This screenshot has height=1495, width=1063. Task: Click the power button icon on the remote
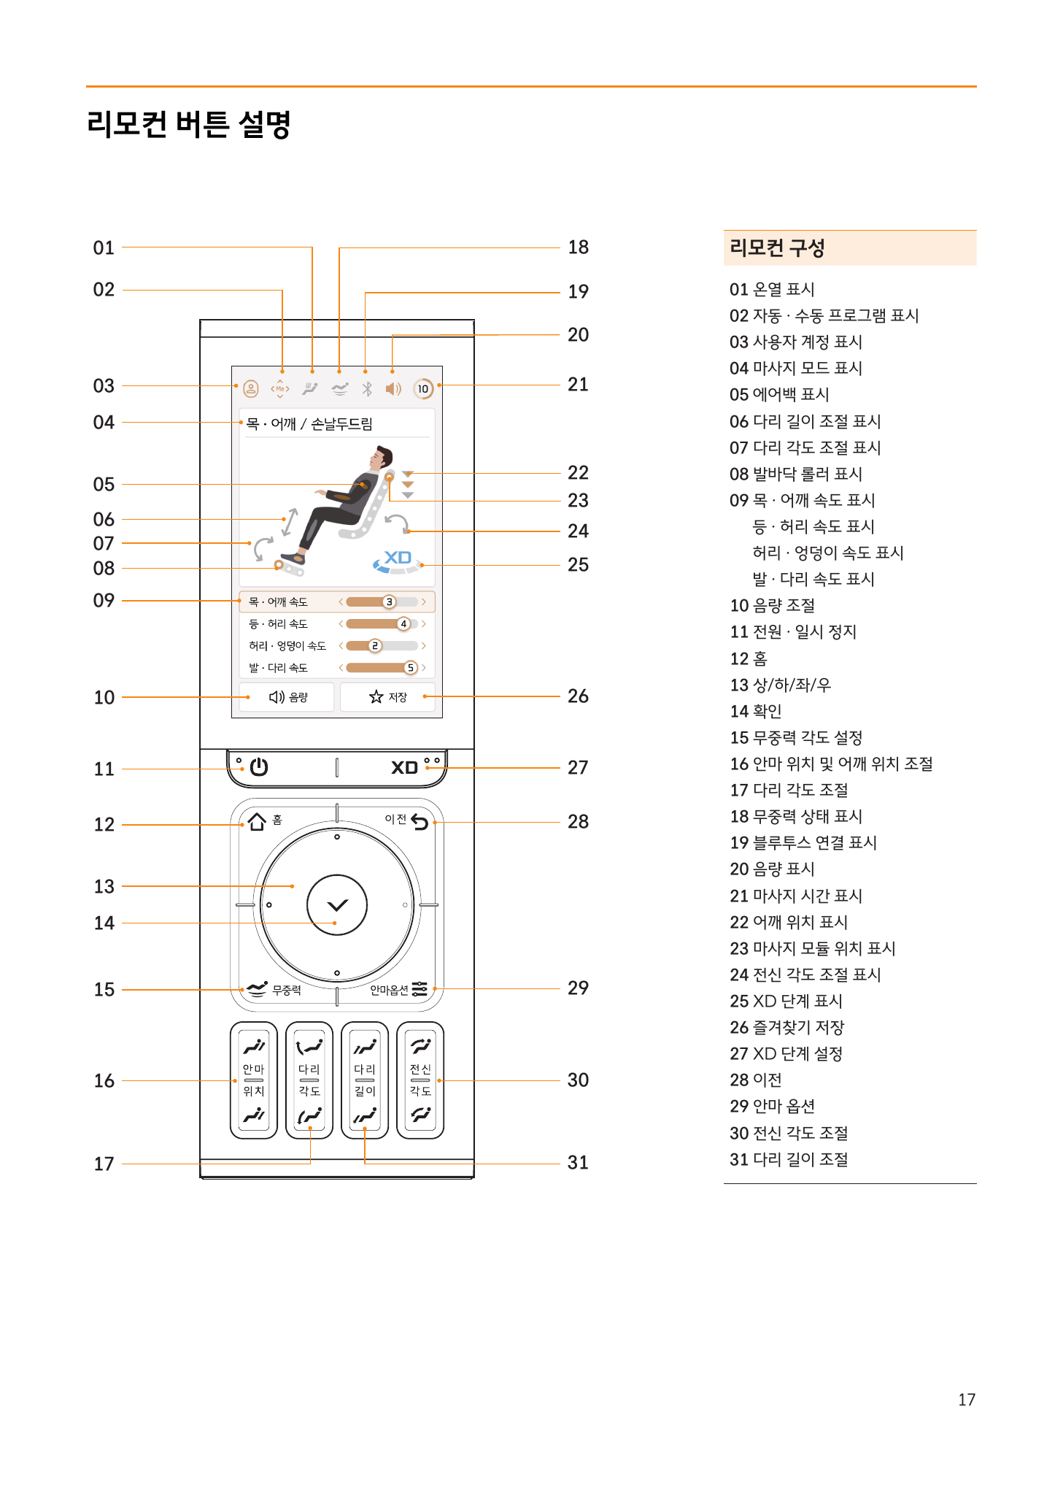[259, 767]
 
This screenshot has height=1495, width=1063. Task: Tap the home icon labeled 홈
[257, 822]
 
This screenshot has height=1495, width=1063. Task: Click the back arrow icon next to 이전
[420, 822]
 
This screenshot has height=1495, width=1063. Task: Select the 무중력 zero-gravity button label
[286, 990]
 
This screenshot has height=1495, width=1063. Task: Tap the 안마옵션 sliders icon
[420, 989]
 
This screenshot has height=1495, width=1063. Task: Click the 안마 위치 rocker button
[254, 1080]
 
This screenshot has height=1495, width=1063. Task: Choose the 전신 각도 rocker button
[420, 1080]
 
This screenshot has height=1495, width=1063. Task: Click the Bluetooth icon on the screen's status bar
[367, 389]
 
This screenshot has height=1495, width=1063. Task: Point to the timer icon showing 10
[423, 389]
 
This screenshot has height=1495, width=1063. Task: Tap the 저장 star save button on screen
[388, 697]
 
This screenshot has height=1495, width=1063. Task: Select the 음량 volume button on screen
[287, 697]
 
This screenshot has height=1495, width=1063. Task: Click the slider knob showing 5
[411, 668]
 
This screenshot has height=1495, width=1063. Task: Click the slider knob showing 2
[375, 646]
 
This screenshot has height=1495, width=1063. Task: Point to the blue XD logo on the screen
[398, 558]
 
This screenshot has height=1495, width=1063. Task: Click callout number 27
[578, 768]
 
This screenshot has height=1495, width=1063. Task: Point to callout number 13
[104, 887]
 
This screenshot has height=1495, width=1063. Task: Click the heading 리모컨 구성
[777, 248]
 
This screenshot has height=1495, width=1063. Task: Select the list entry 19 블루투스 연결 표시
[803, 843]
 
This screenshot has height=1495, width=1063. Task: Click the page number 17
[967, 1400]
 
